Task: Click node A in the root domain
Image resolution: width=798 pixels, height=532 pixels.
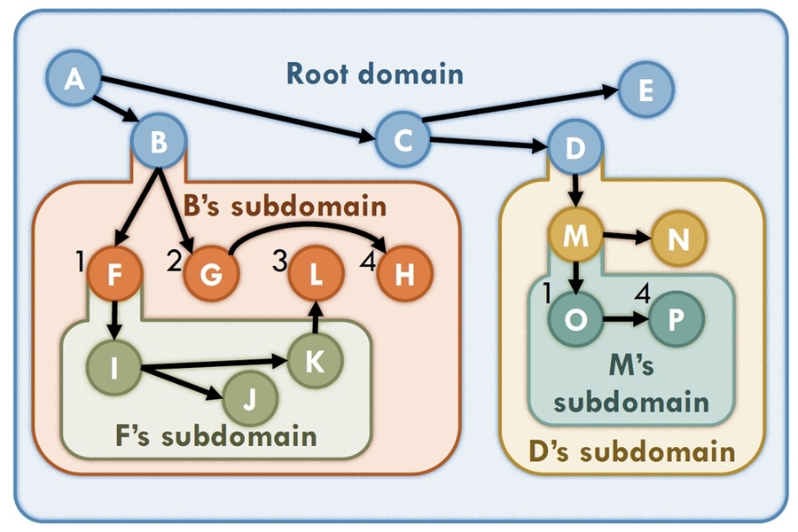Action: pyautogui.click(x=74, y=81)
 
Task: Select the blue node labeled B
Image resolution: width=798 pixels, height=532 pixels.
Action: pyautogui.click(x=159, y=142)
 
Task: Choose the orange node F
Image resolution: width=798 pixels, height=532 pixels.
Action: pyautogui.click(x=113, y=275)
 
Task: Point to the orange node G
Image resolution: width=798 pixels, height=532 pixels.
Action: pyautogui.click(x=212, y=275)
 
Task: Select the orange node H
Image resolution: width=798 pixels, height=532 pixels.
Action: pyautogui.click(x=404, y=275)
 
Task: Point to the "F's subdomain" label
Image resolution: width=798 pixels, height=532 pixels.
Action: pyautogui.click(x=215, y=436)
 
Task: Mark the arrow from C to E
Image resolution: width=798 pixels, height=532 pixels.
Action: pyautogui.click(x=523, y=105)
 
